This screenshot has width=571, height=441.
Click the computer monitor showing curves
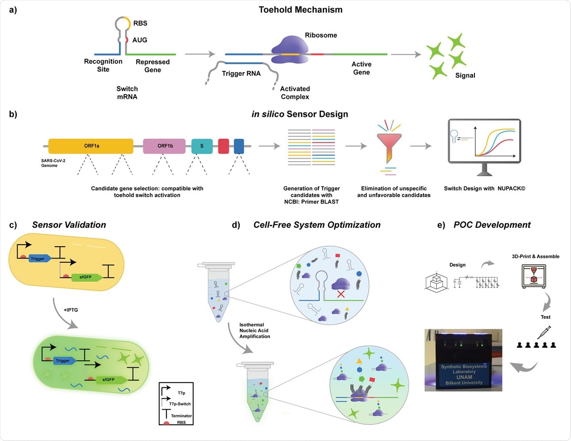click(x=483, y=140)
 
